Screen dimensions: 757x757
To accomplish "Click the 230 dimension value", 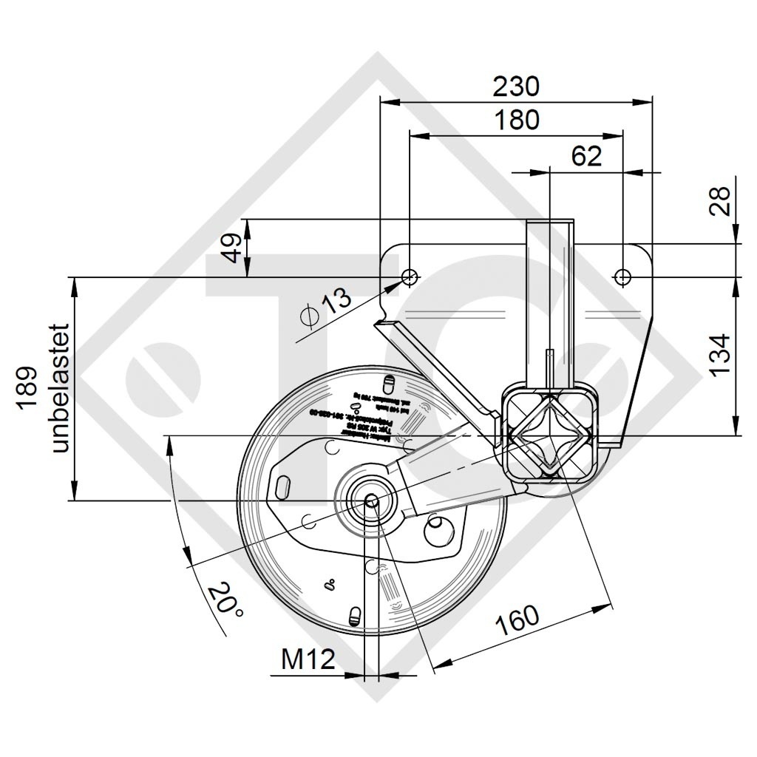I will pos(517,86).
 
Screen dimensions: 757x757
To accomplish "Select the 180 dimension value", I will pos(517,120).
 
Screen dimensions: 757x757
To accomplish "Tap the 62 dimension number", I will pos(586,155).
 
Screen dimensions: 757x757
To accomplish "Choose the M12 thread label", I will pos(308,659).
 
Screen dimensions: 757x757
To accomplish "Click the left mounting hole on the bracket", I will pos(409,277).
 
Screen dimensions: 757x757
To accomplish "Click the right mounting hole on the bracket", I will pos(622,277).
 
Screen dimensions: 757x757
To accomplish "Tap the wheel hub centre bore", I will pos(371,501).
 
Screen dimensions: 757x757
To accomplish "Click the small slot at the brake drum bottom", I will pos(355,615).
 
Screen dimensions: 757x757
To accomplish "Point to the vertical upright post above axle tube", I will pos(549,303).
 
